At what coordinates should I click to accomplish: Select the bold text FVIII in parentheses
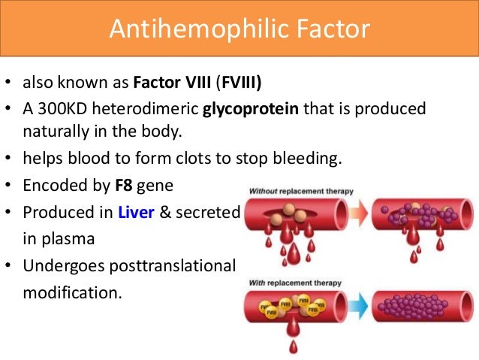[x=247, y=81]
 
